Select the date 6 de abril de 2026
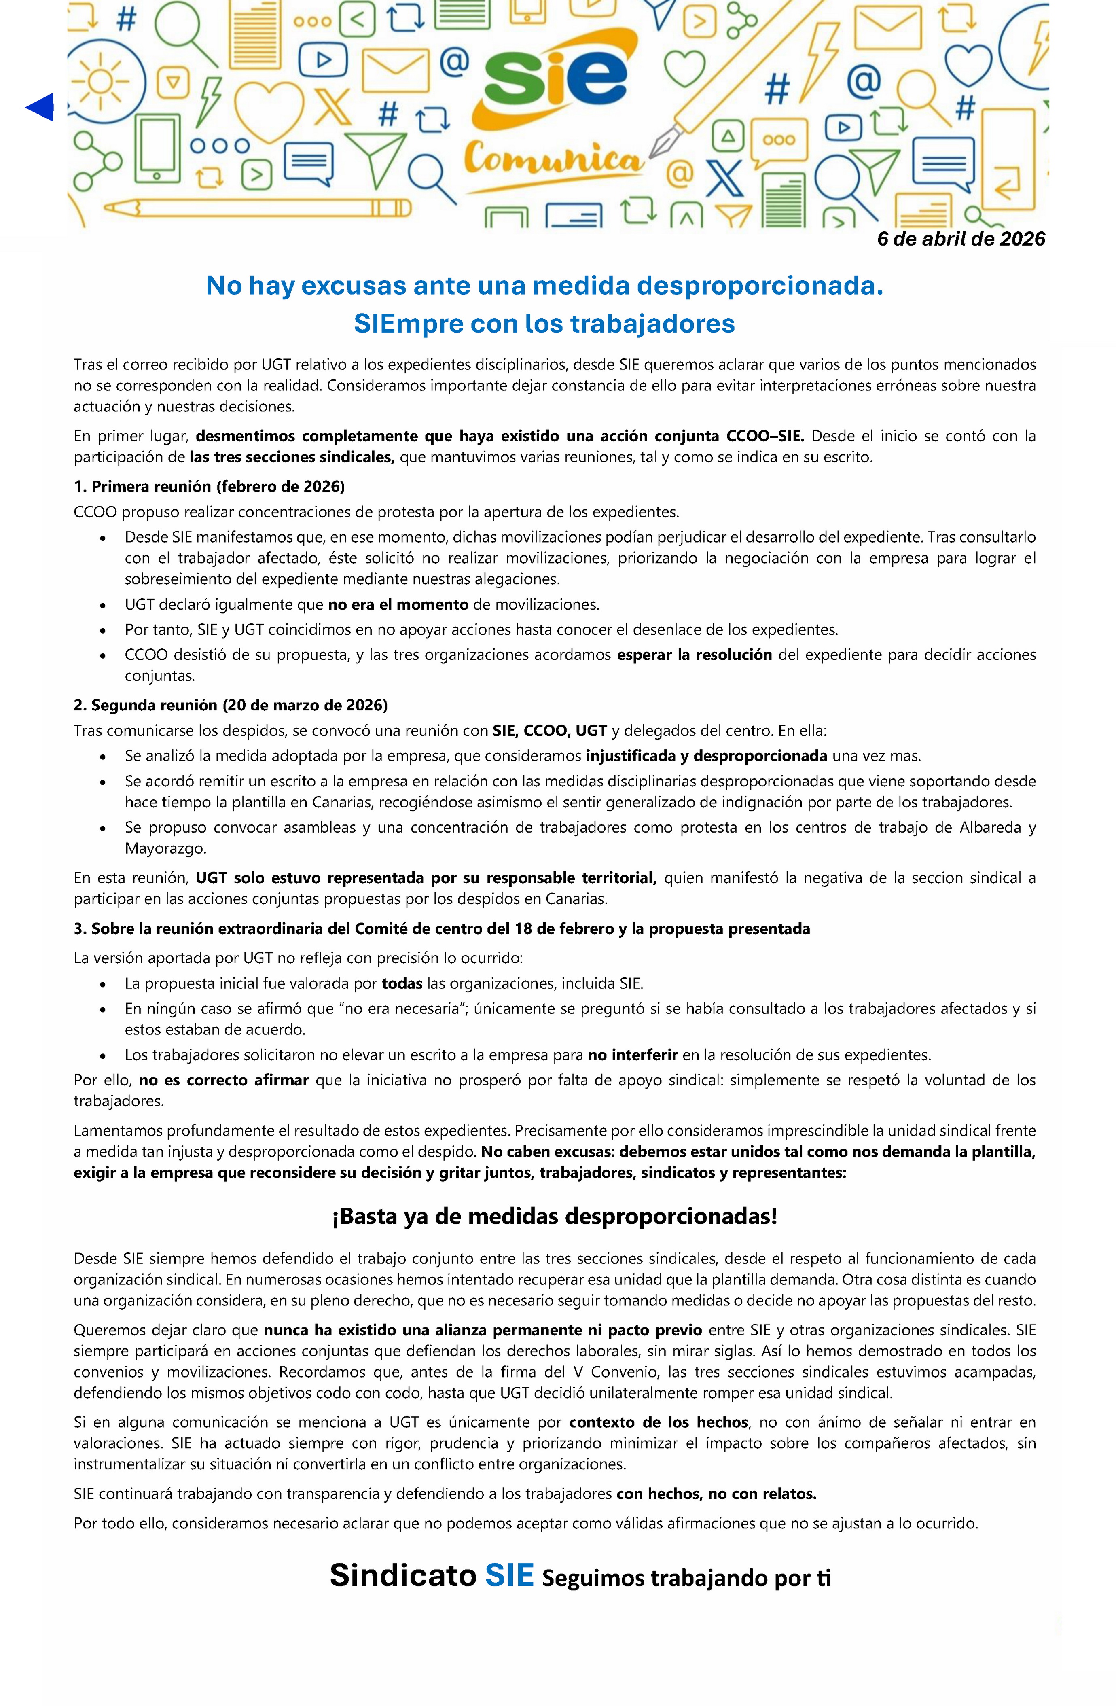[960, 239]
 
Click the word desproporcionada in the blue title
[760, 286]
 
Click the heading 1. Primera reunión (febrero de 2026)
[209, 487]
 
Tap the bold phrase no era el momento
[398, 605]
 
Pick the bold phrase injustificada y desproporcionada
[706, 756]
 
